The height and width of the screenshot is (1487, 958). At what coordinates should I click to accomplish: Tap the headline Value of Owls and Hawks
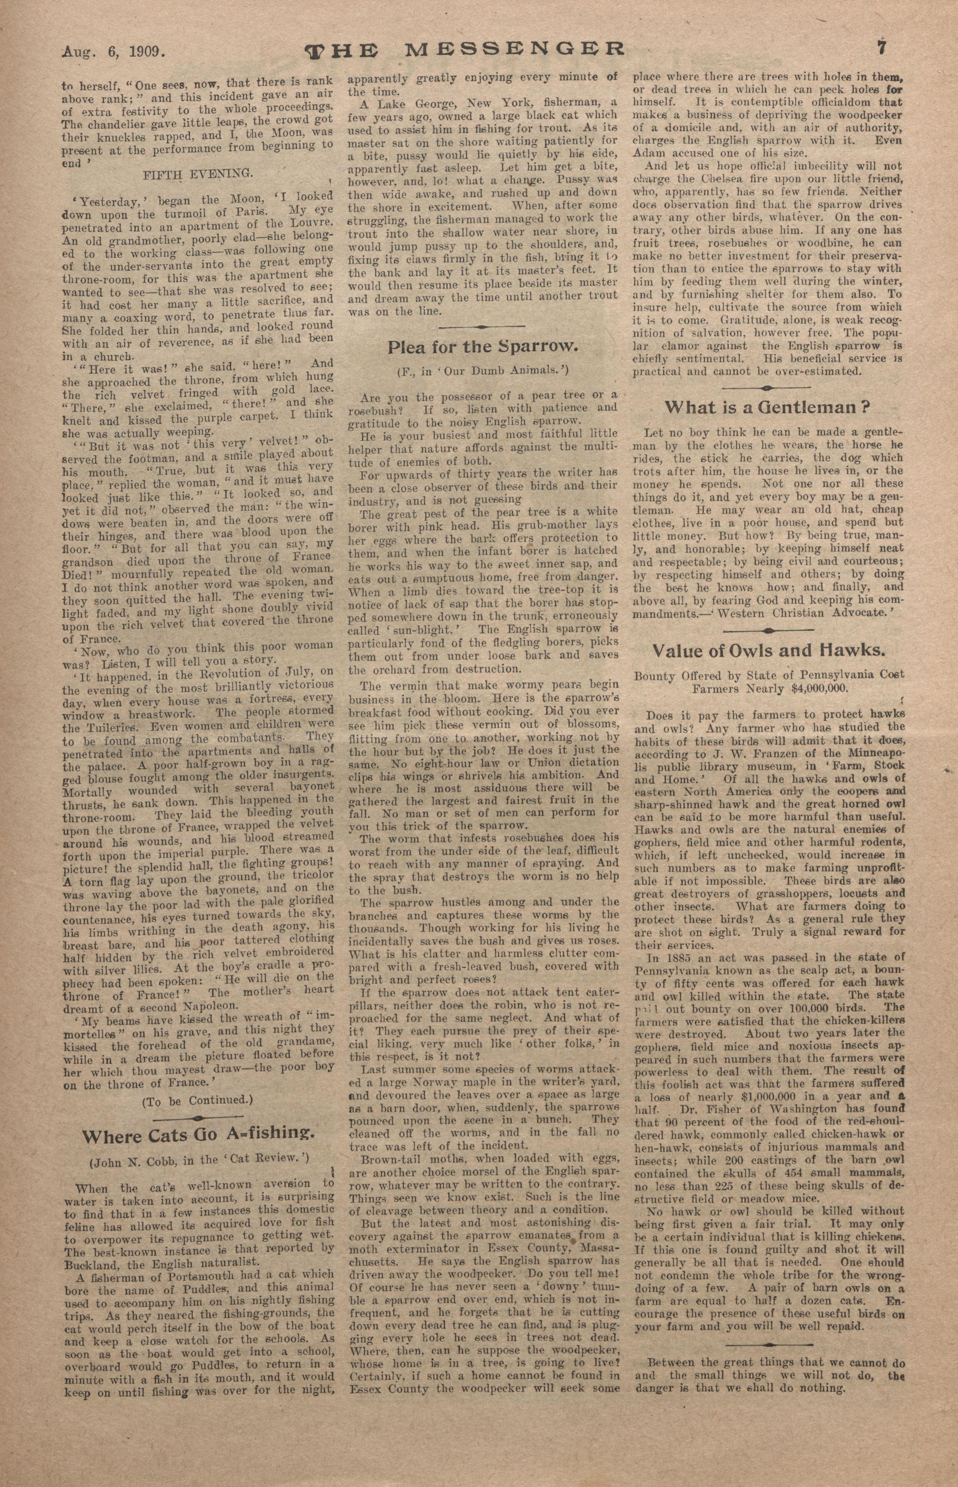768,650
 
